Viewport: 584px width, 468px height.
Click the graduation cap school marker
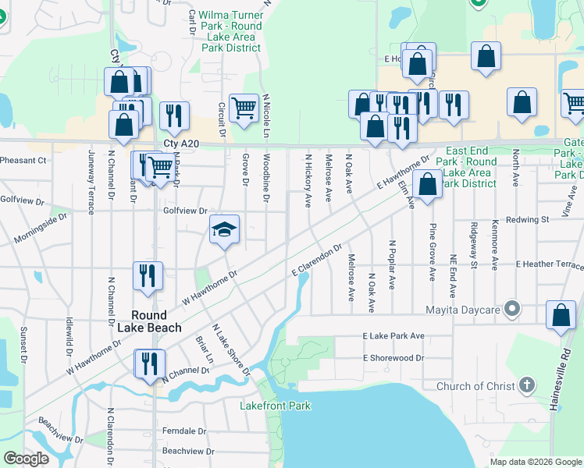224,229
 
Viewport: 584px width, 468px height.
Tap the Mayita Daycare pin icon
512,310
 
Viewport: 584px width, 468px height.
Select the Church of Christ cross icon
527,385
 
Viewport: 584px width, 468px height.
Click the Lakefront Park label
275,406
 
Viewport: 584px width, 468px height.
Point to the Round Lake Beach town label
149,321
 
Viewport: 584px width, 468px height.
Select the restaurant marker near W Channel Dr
148,363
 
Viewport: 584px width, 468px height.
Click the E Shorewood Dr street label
393,358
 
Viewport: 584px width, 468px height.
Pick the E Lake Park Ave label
393,335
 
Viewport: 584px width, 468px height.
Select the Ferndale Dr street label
183,431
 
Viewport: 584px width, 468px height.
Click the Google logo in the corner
26,459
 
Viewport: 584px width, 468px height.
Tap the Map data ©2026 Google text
535,462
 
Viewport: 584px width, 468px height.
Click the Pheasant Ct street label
23,160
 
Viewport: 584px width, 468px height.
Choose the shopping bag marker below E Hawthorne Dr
428,186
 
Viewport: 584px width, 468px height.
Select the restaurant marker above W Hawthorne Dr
148,275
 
